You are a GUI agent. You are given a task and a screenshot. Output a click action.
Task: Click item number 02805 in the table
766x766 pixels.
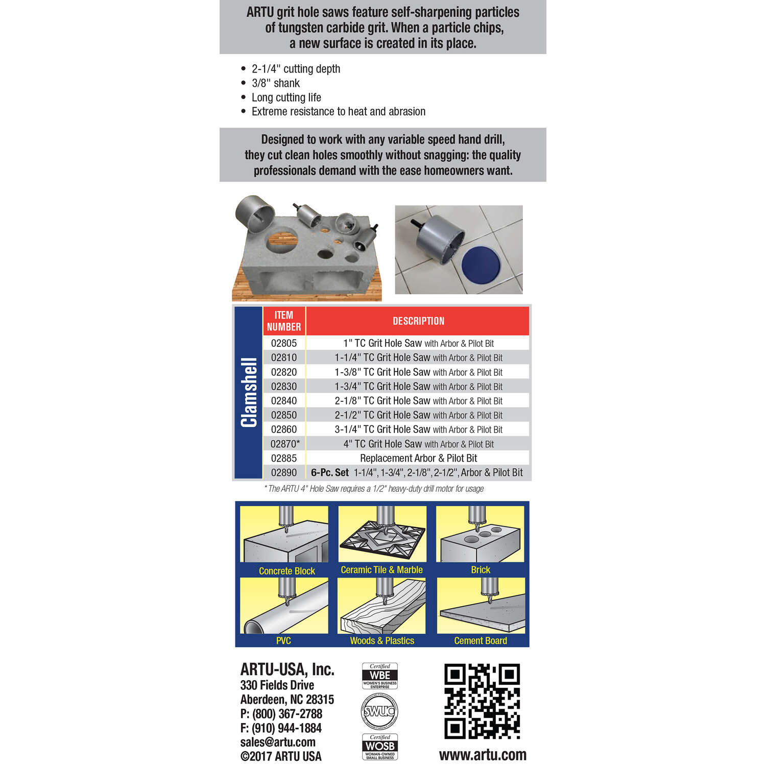283,343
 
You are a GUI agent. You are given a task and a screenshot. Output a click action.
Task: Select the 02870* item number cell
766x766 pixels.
284,444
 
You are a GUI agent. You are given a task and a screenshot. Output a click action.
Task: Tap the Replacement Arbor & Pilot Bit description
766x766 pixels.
418,458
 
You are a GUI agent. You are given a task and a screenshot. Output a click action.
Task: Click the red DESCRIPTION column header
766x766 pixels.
418,321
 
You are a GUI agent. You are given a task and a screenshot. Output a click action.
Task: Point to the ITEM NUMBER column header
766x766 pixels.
284,321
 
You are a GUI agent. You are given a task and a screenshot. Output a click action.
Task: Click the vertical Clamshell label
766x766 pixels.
249,392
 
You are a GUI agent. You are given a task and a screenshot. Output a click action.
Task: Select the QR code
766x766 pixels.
482,701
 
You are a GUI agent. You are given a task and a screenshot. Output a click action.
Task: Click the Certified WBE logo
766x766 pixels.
380,676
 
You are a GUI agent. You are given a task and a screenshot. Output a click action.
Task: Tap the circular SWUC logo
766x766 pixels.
380,711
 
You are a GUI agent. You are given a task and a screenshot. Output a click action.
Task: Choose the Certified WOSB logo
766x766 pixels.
380,747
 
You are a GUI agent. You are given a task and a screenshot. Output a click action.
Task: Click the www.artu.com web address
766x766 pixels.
483,755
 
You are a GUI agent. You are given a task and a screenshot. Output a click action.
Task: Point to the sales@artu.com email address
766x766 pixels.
278,742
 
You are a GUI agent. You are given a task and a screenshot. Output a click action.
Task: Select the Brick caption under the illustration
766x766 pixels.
481,570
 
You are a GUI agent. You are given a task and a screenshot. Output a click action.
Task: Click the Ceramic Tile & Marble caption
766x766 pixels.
381,570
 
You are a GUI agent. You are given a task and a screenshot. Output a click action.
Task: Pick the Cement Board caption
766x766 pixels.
481,641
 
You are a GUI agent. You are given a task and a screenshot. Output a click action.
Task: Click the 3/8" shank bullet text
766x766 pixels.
276,83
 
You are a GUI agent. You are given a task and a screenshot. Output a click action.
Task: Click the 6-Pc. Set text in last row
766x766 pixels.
330,473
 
